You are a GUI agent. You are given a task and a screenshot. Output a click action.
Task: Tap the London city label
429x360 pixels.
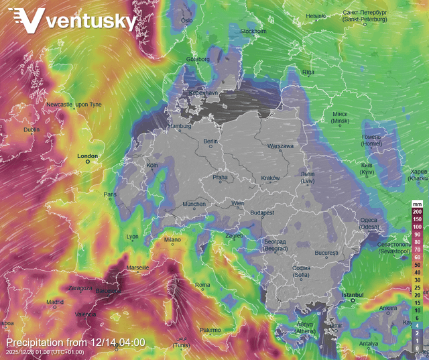tap(87, 156)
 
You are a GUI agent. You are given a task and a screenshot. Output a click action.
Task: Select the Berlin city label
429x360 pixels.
tap(211, 141)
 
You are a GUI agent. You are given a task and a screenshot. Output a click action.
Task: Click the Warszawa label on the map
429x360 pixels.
tap(280, 145)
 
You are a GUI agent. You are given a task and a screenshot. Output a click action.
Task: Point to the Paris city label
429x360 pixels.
tap(110, 195)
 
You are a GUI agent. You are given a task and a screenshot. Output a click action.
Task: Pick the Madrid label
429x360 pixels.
tap(55, 302)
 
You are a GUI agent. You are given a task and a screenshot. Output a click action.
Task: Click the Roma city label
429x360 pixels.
tap(202, 285)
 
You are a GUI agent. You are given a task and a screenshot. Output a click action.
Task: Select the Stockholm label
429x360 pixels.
tap(253, 31)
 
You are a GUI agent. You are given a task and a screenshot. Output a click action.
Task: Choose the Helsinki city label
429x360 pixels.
tap(316, 16)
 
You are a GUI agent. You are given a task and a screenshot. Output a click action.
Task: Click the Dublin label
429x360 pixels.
tap(32, 129)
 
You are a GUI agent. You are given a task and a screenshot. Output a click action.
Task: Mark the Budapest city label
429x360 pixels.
tap(262, 213)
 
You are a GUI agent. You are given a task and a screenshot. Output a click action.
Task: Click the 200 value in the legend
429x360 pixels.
tap(417, 211)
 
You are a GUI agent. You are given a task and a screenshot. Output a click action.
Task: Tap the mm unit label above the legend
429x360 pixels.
tap(417, 203)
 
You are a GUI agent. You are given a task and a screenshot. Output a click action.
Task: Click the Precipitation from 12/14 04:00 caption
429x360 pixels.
tap(75, 343)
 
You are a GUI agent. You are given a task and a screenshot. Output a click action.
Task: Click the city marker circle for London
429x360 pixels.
tap(87, 162)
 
